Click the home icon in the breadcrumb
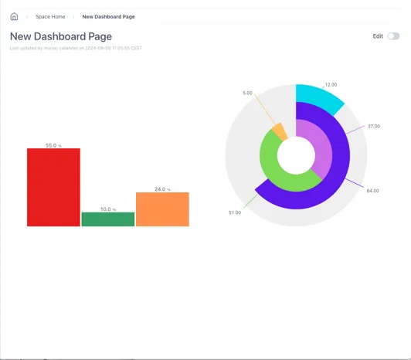point(14,16)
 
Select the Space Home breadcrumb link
point(50,16)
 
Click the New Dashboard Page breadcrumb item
point(108,16)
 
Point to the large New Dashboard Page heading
point(61,36)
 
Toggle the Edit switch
point(393,36)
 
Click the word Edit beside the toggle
point(378,36)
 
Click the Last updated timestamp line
point(76,48)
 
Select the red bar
point(53,187)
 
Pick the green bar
point(107,219)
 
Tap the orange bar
point(162,209)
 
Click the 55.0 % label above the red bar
point(53,145)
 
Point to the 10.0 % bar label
point(107,209)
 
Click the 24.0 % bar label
point(161,189)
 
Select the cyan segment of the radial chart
point(318,96)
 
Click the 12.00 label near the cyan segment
point(331,84)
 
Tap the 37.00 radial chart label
point(373,126)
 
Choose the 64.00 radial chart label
point(372,190)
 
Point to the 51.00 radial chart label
point(235,212)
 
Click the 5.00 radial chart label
point(247,93)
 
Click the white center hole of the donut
point(295,155)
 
